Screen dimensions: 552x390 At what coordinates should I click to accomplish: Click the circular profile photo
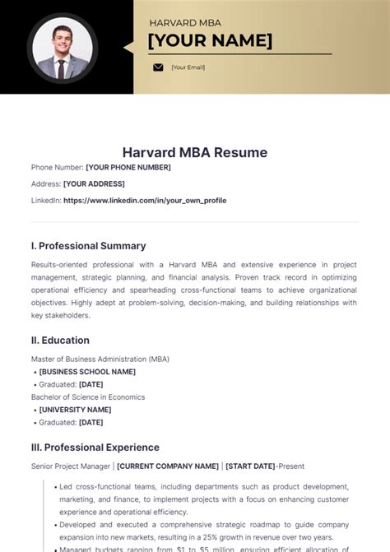click(63, 47)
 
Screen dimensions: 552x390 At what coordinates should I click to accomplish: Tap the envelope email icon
click(158, 67)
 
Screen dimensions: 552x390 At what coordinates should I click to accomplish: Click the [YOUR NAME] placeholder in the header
click(210, 40)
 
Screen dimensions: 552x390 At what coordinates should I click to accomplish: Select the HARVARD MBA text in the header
click(184, 23)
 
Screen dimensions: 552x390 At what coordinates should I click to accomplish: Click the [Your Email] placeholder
click(188, 67)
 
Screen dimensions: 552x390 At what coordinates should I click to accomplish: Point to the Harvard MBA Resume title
click(195, 153)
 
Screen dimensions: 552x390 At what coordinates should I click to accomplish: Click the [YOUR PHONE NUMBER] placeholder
click(128, 168)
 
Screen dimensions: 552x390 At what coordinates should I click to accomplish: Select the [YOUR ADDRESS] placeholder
click(94, 183)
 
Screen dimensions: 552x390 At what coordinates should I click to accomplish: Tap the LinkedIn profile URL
click(145, 200)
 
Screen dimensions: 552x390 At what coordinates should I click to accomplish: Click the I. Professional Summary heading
click(88, 245)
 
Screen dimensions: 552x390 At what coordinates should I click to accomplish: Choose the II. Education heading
click(60, 340)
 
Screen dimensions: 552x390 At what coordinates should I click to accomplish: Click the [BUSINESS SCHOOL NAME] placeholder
click(87, 372)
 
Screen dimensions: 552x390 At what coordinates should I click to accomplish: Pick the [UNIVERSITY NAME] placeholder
click(75, 410)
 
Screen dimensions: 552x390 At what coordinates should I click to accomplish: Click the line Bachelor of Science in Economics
click(87, 397)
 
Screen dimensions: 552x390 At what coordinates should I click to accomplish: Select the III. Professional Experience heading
click(95, 448)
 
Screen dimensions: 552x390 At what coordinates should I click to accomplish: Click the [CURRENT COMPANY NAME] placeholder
click(169, 466)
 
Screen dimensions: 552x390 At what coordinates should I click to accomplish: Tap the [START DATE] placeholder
click(250, 466)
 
